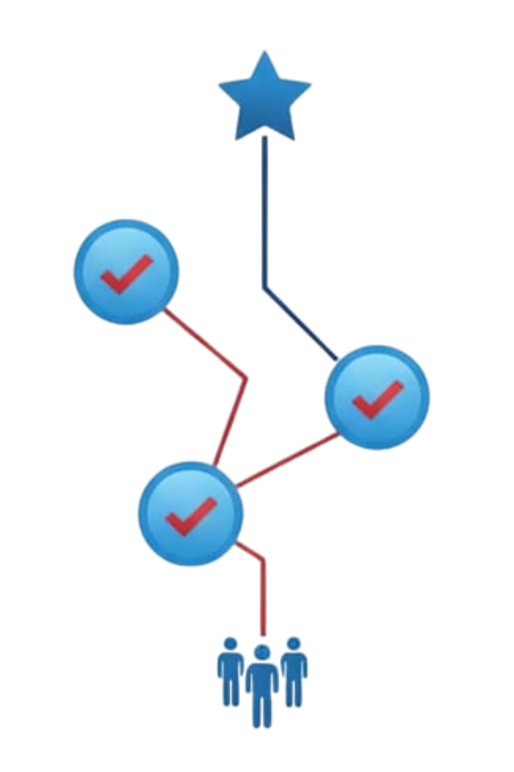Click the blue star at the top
(265, 99)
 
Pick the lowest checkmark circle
(191, 513)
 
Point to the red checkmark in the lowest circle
(189, 516)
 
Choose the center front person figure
(263, 691)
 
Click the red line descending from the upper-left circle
(206, 343)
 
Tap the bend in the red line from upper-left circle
(247, 379)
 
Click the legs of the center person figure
(263, 714)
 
